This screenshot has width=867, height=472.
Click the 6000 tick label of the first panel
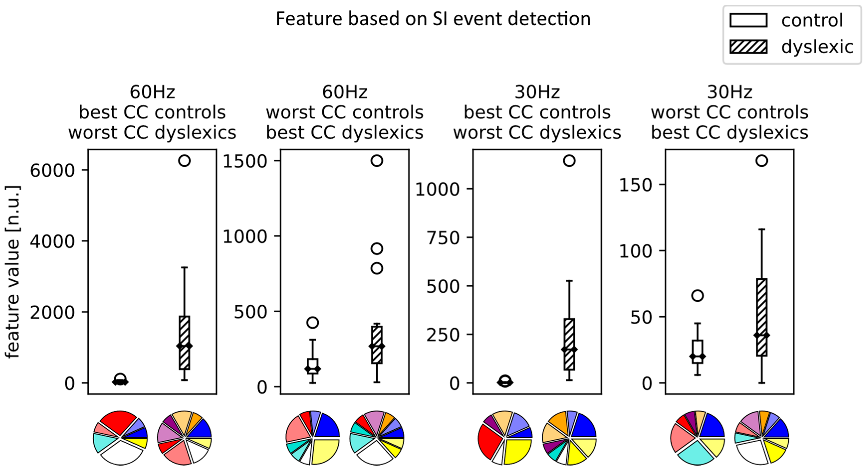pos(52,170)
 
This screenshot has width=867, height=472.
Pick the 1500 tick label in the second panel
pos(245,161)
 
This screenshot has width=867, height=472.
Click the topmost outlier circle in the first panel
pos(184,161)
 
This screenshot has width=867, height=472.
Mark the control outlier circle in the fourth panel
pos(697,295)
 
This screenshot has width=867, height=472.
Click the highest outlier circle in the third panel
pos(569,161)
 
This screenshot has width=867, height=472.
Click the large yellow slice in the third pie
pos(325,451)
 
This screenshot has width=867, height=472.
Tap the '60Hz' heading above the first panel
pos(152,92)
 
